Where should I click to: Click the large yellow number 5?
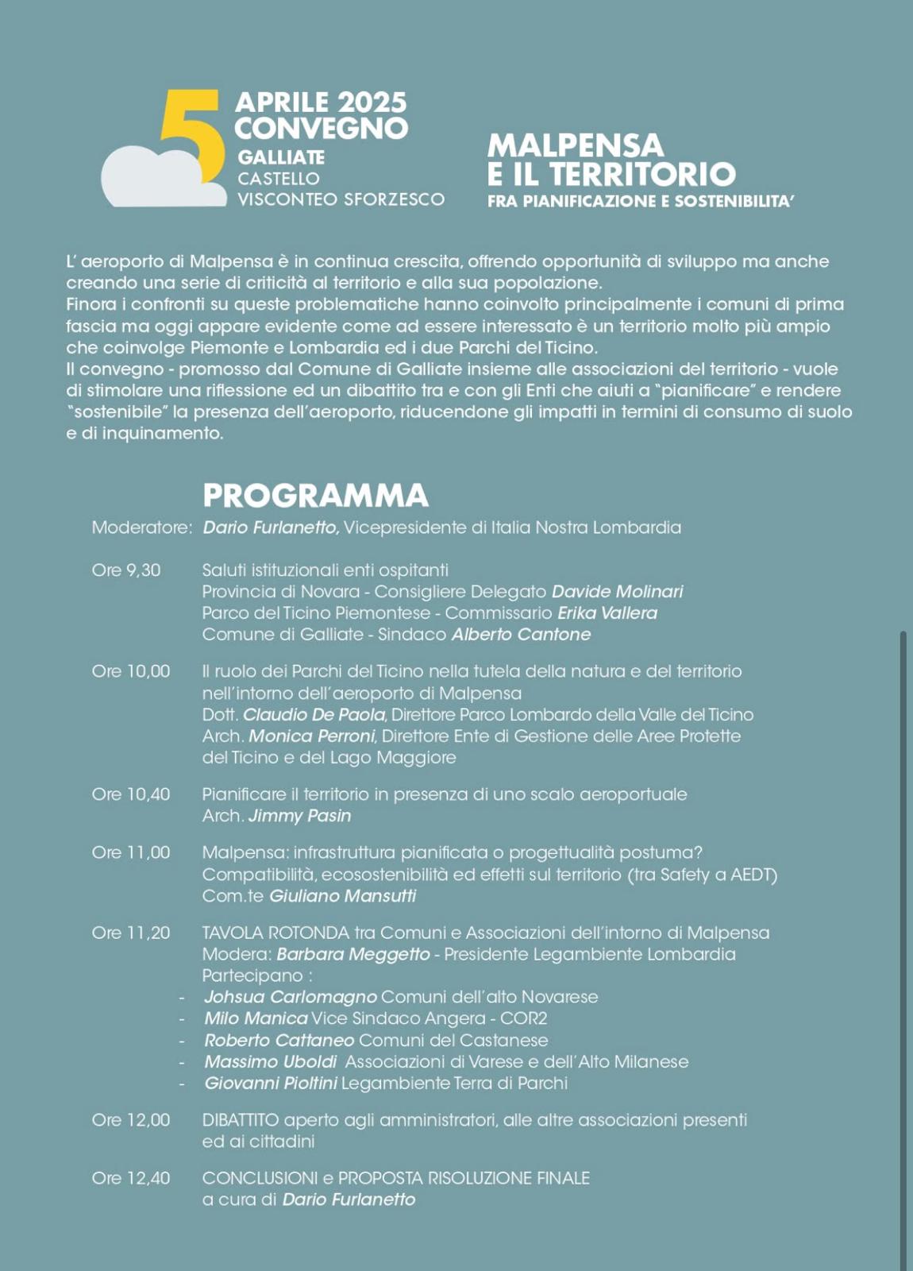coord(191,135)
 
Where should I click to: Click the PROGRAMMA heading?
coord(315,496)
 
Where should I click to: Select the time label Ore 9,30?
coord(126,570)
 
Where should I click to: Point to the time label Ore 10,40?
coord(131,794)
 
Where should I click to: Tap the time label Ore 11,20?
coord(131,933)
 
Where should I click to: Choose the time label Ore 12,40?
coord(131,1178)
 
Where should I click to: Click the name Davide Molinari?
coord(617,592)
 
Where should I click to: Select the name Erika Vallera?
coord(607,613)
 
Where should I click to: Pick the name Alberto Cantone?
coord(521,635)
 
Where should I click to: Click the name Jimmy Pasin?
coord(299,816)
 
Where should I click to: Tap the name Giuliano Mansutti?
coord(342,896)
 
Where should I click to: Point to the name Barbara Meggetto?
coord(353,954)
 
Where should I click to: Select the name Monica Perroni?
coord(312,736)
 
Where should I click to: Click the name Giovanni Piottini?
coord(271,1083)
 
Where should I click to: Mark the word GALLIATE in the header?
coord(281,157)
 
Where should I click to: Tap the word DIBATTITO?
coord(241,1120)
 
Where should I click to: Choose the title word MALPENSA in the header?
coord(575,145)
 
